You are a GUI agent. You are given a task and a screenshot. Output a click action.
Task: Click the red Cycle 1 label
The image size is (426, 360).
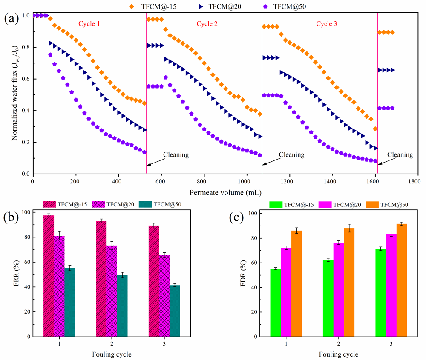89,24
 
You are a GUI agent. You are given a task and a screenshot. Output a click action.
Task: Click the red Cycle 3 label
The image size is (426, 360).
327,24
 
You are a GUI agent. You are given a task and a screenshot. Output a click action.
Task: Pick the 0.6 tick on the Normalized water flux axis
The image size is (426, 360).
26,79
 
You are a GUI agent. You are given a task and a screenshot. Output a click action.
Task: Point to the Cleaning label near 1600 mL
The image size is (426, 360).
400,155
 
